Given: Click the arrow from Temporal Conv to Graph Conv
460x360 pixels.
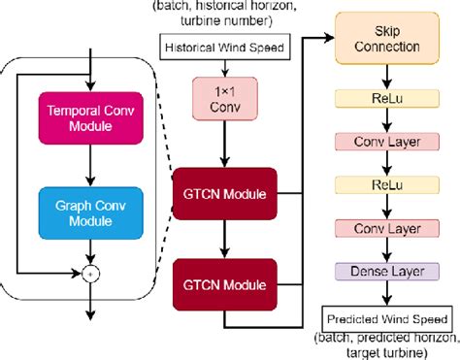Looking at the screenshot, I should tap(89, 165).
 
